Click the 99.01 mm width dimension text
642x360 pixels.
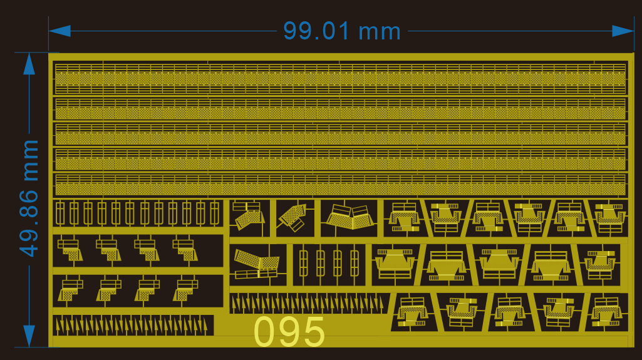(341, 31)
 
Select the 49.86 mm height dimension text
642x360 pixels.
(29, 198)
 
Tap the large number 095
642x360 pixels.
(290, 332)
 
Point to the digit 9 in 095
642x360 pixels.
(290, 332)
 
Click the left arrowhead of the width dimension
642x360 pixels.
(60, 31)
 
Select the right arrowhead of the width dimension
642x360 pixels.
(623, 31)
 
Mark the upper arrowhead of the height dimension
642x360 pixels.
(29, 64)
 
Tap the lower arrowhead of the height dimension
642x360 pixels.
(29, 335)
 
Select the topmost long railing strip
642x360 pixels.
(340, 78)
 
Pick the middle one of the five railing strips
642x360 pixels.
(340, 133)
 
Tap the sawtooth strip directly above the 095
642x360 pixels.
(306, 304)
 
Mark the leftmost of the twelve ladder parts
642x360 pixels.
(60, 214)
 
